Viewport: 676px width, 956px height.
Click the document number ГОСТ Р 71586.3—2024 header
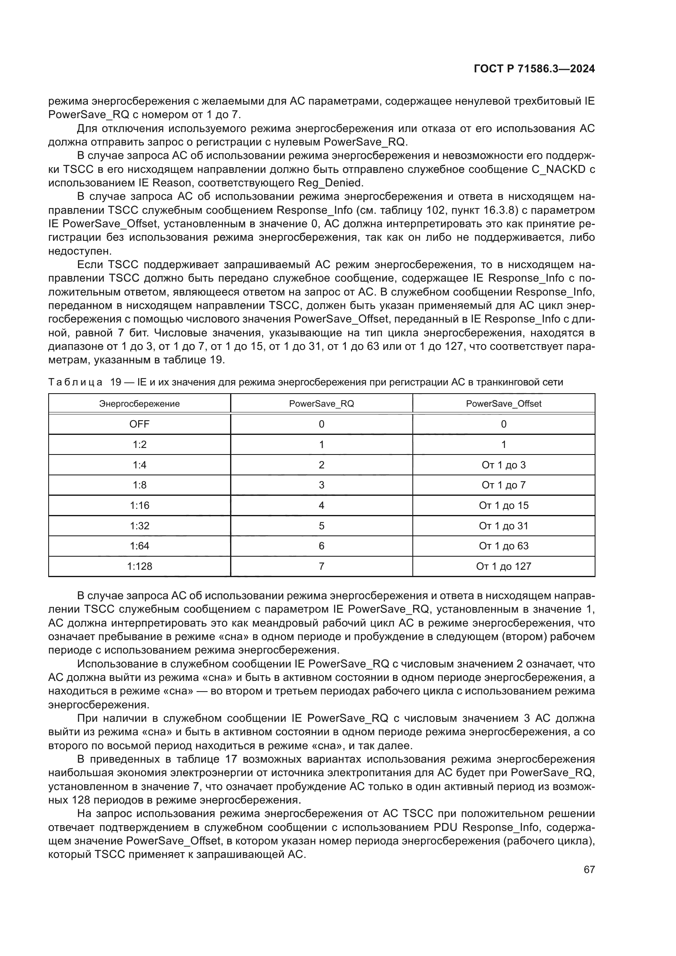point(534,69)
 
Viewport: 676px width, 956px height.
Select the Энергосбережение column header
point(139,403)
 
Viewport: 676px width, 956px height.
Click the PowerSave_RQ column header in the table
point(321,403)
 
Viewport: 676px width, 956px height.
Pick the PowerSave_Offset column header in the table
point(503,403)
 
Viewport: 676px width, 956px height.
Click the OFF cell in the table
point(139,424)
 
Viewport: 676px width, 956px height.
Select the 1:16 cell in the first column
point(139,505)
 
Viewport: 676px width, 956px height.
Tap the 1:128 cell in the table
point(139,566)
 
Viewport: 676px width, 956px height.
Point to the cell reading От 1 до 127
point(503,566)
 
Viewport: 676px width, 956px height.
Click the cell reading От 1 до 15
point(503,505)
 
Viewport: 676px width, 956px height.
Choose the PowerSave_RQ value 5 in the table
point(321,526)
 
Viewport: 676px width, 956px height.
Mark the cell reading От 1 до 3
point(503,465)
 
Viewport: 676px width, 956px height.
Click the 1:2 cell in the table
point(139,444)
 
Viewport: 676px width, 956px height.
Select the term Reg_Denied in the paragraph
point(330,183)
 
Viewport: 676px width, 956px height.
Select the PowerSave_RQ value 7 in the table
point(321,566)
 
